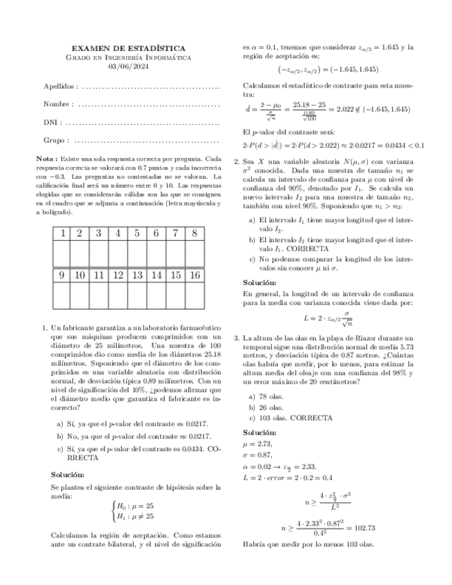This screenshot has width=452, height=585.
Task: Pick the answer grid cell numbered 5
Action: pos(137,233)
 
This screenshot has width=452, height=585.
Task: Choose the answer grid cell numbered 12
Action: pos(118,275)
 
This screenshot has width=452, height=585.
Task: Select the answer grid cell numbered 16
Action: pos(195,275)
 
